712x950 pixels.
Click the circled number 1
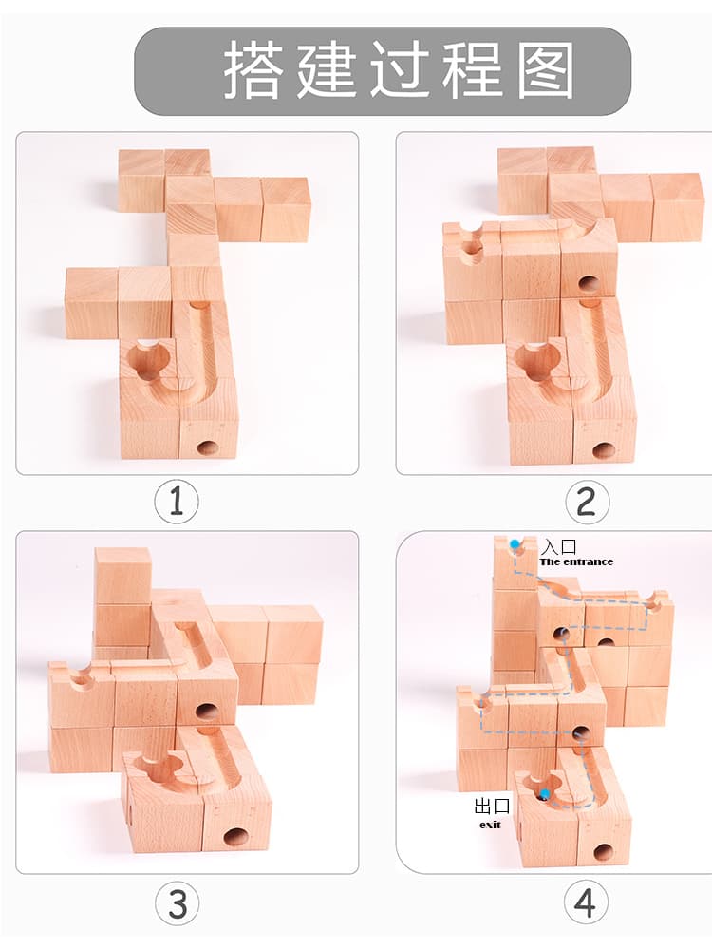(x=177, y=501)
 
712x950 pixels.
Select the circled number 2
(x=586, y=502)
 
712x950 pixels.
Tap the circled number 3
(x=177, y=903)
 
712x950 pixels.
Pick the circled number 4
(x=585, y=902)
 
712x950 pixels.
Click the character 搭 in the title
(x=253, y=70)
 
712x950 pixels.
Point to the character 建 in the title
(x=326, y=70)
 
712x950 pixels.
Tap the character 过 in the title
(x=399, y=70)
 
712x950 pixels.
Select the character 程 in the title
(x=472, y=70)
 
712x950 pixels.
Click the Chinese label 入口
(x=558, y=546)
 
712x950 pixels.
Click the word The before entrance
(x=550, y=561)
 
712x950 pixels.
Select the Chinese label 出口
(x=492, y=807)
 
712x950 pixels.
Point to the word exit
(x=491, y=825)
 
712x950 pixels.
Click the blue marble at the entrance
(x=515, y=544)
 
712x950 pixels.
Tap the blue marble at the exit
(x=545, y=793)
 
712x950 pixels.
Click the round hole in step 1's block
(x=208, y=448)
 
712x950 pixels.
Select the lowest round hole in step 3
(x=235, y=837)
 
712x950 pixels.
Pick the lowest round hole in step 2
(x=602, y=450)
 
